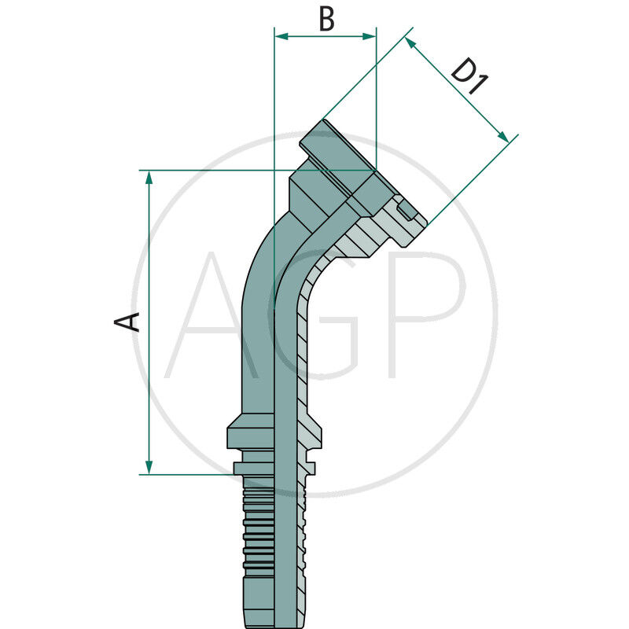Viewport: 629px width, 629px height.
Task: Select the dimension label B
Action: [x=326, y=20]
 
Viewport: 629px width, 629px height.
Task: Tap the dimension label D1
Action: [x=468, y=76]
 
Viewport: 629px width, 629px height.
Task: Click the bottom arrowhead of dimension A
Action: [x=149, y=468]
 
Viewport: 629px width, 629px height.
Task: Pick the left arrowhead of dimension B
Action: [x=280, y=35]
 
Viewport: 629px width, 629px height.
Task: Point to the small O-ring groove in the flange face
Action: [x=406, y=210]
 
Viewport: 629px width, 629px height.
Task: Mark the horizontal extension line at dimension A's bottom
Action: [x=189, y=474]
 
